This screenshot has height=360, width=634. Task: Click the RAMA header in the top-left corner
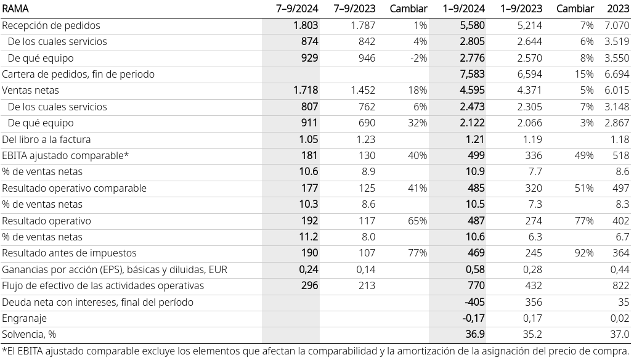click(x=15, y=9)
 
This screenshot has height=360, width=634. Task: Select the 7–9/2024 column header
click(x=297, y=9)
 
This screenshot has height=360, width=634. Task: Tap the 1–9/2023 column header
click(x=522, y=9)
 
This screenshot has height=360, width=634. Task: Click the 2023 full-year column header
click(x=618, y=9)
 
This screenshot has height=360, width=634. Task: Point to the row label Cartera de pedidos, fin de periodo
click(x=78, y=75)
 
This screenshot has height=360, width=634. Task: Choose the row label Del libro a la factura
click(x=46, y=139)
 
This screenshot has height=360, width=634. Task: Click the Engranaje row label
click(x=24, y=319)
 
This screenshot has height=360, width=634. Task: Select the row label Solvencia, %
click(x=29, y=335)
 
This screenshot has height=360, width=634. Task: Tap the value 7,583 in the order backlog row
click(x=472, y=75)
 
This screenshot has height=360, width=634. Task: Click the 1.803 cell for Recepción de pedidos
click(x=306, y=25)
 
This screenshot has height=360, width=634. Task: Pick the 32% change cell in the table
click(x=417, y=123)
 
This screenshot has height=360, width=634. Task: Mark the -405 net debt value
click(x=474, y=302)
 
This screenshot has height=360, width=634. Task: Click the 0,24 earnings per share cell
click(x=309, y=270)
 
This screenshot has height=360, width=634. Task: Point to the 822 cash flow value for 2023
click(x=620, y=286)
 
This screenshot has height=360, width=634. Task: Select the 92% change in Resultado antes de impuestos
click(x=584, y=253)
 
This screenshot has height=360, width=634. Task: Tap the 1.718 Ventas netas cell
click(x=306, y=90)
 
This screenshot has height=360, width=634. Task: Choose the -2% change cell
click(x=418, y=58)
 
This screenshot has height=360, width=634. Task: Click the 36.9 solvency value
click(x=474, y=335)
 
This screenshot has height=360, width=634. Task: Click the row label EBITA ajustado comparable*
click(x=65, y=156)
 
